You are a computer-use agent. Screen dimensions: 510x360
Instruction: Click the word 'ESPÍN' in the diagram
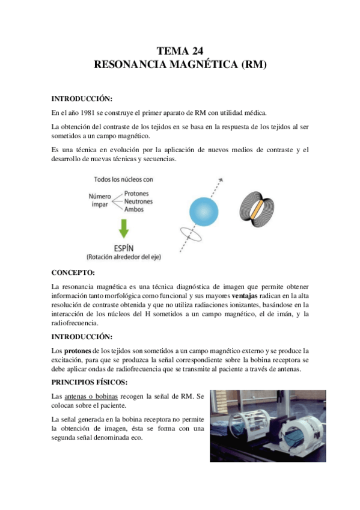(x=123, y=247)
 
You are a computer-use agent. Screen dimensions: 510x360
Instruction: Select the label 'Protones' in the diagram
(x=138, y=193)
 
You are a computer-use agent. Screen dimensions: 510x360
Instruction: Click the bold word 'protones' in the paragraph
(x=77, y=351)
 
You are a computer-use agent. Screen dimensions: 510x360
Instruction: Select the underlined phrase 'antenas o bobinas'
(x=92, y=396)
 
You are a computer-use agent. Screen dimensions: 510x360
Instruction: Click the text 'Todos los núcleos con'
(x=124, y=179)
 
